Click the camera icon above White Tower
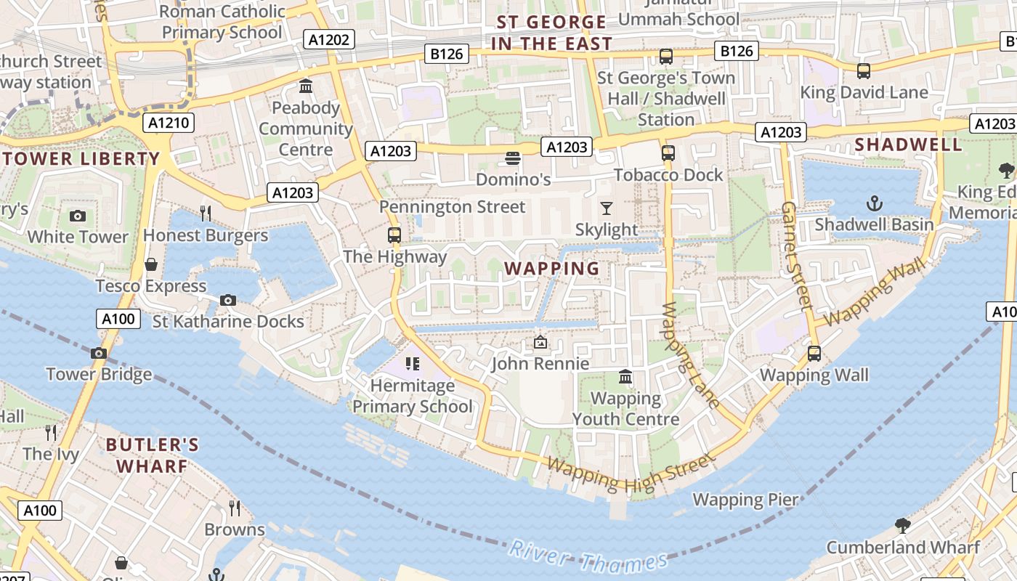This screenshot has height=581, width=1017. pos(77,216)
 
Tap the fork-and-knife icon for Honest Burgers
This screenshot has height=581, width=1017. pos(206,213)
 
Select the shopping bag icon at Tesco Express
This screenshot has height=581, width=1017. pos(151,264)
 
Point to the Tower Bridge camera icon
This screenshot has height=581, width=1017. pos(99,353)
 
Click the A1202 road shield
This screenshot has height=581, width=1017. pos(329,39)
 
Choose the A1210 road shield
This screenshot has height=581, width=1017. pos(169,122)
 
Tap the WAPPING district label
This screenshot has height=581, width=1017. pos(552,268)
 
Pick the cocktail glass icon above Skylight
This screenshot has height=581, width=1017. pos(607,208)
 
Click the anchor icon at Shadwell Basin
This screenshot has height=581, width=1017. pos(875,203)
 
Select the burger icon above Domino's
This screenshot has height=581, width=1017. pos(513,158)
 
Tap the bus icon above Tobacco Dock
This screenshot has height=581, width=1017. pos(668,153)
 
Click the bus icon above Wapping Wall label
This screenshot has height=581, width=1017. pos(814,354)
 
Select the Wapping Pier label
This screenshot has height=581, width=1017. pos(745,500)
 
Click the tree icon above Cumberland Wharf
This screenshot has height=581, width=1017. pos(902,525)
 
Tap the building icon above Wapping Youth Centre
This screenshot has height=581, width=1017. pos(625,377)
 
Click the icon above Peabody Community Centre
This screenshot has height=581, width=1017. pos(306,86)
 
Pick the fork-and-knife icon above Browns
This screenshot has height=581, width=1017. pos(234,508)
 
